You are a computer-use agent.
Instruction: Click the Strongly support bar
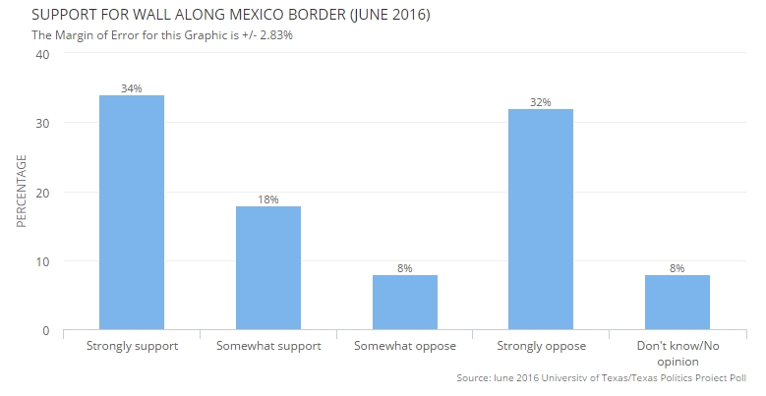(x=132, y=212)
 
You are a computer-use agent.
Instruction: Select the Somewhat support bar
(x=267, y=268)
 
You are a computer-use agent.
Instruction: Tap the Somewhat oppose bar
(x=404, y=303)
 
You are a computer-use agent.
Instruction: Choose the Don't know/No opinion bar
(x=677, y=303)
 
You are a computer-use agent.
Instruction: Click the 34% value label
(x=132, y=88)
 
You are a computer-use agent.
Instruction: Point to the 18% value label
(x=267, y=199)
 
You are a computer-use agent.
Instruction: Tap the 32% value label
(x=540, y=102)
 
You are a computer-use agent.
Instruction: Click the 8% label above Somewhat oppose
(x=404, y=268)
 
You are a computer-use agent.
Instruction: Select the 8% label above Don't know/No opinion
(x=677, y=268)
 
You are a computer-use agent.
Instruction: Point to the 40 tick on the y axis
(x=42, y=54)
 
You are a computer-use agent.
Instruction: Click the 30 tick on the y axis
(x=42, y=123)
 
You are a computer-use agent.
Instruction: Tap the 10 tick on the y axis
(x=42, y=261)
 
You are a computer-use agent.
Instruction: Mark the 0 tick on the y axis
(x=46, y=331)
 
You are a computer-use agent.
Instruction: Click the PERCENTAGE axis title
(x=21, y=193)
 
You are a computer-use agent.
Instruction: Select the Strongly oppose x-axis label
(x=540, y=347)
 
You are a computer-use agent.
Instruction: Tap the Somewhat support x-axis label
(x=267, y=347)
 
